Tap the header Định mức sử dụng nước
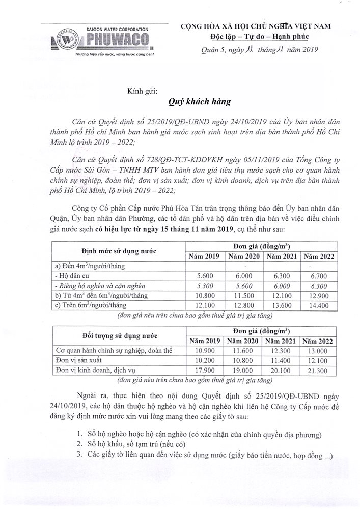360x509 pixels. (118, 251)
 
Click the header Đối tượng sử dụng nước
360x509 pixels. (118, 336)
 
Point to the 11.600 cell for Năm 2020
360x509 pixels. (242, 350)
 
